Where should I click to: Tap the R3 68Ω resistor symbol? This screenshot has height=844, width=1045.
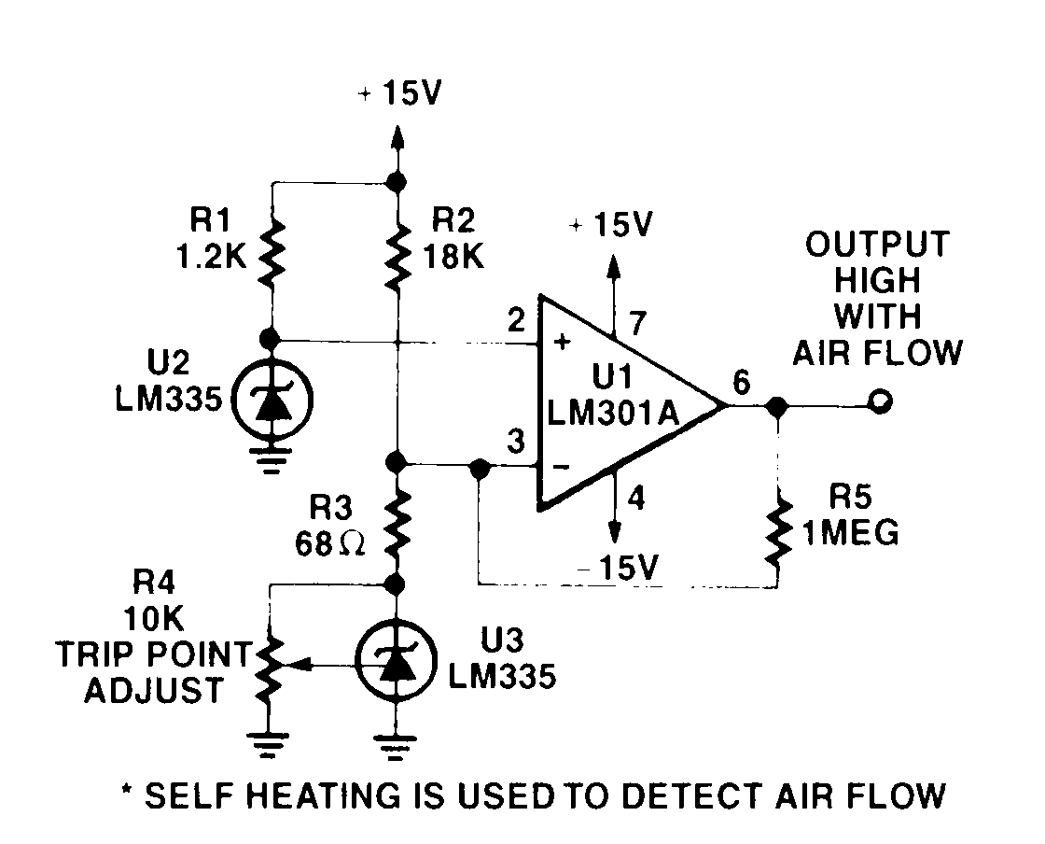(x=397, y=526)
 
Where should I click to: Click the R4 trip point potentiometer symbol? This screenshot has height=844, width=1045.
(x=270, y=664)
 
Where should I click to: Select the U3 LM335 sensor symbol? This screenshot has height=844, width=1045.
(x=397, y=664)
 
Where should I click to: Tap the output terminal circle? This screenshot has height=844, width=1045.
(x=879, y=403)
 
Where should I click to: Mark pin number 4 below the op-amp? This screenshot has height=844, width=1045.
(x=638, y=497)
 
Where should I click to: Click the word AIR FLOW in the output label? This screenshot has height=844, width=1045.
(x=877, y=353)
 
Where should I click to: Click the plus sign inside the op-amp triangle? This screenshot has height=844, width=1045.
(x=563, y=342)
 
